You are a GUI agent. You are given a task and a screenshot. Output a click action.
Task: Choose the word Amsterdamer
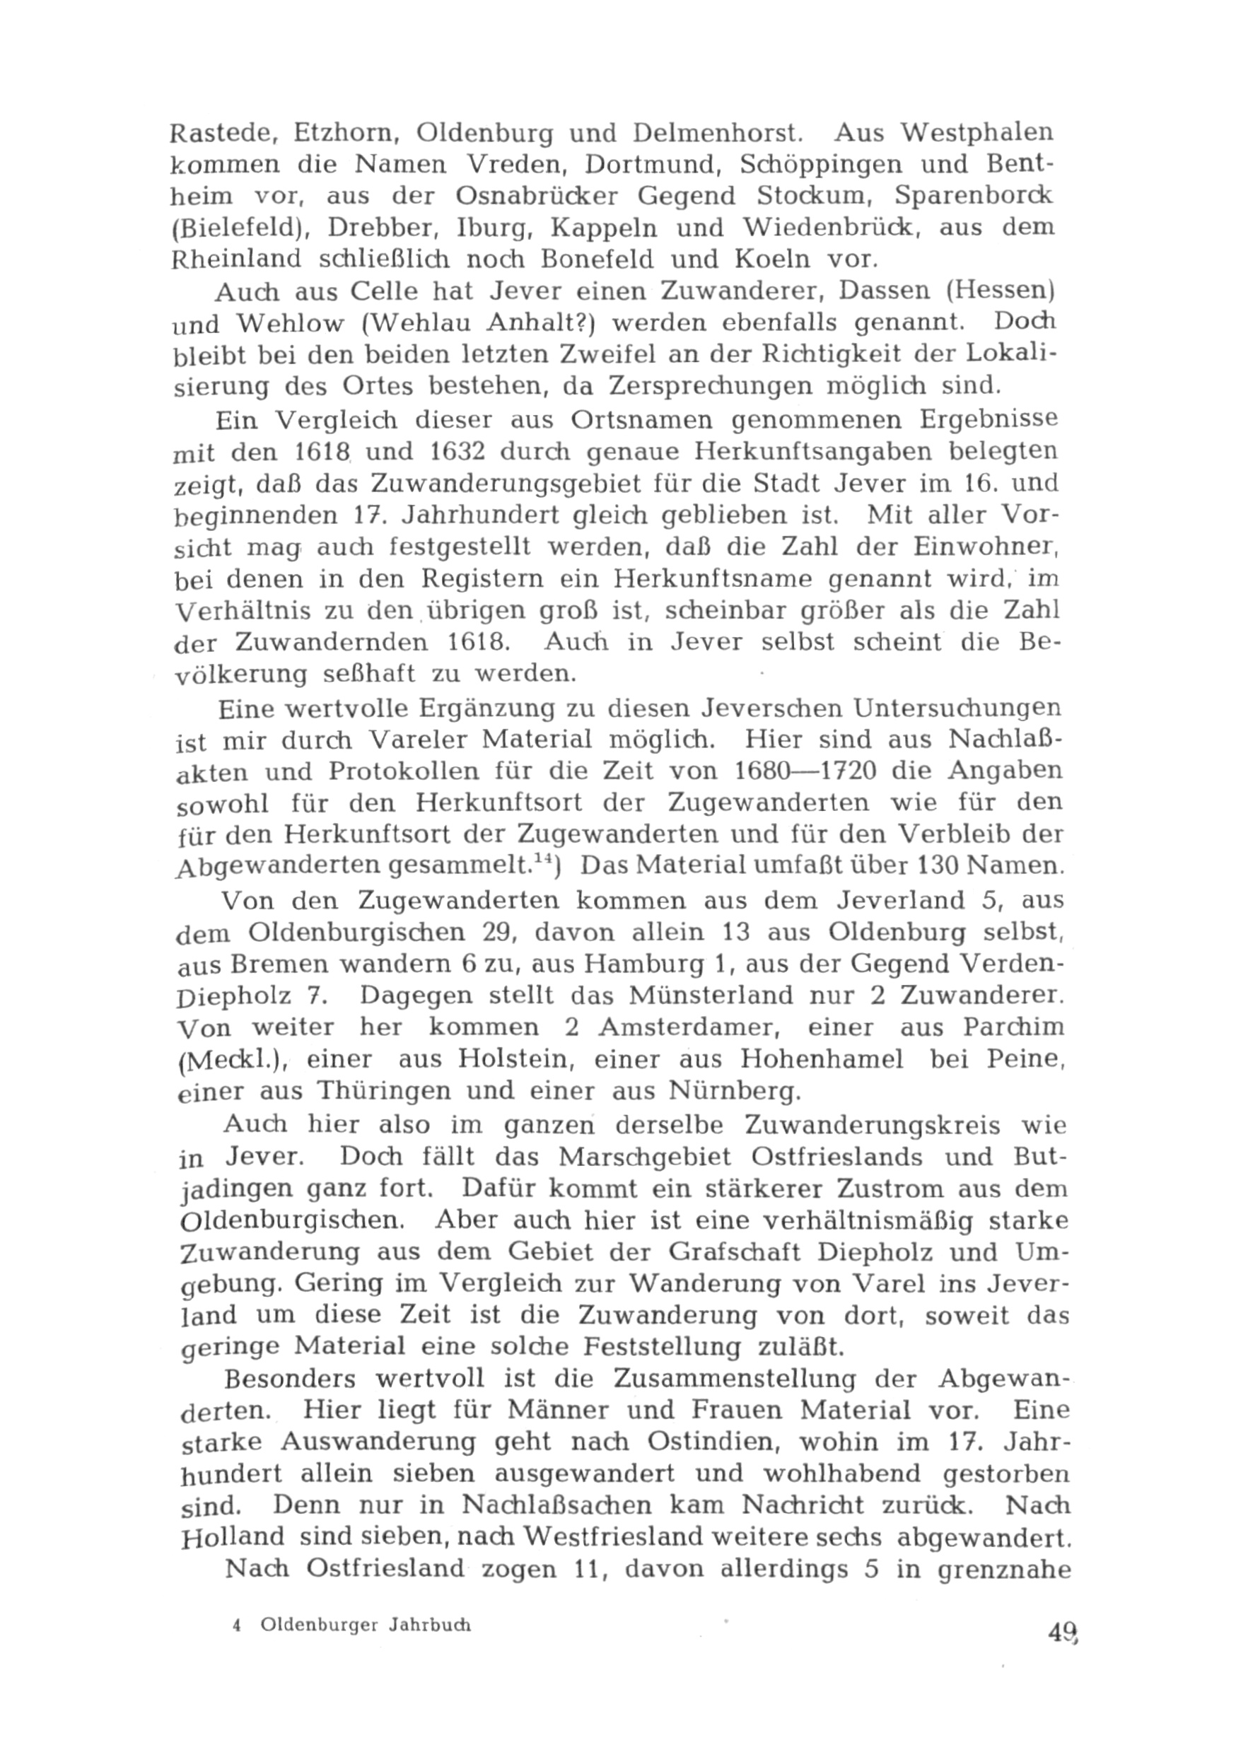point(686,1027)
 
